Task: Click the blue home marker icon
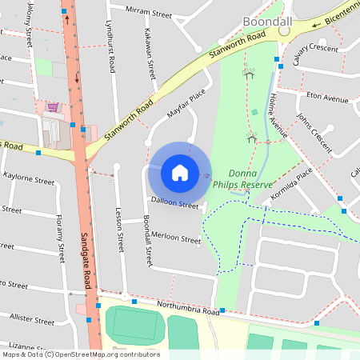tap(180, 173)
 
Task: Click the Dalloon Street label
tap(174, 205)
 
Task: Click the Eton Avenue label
tap(328, 98)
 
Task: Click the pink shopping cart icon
tap(52, 106)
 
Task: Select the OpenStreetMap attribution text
tap(80, 354)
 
